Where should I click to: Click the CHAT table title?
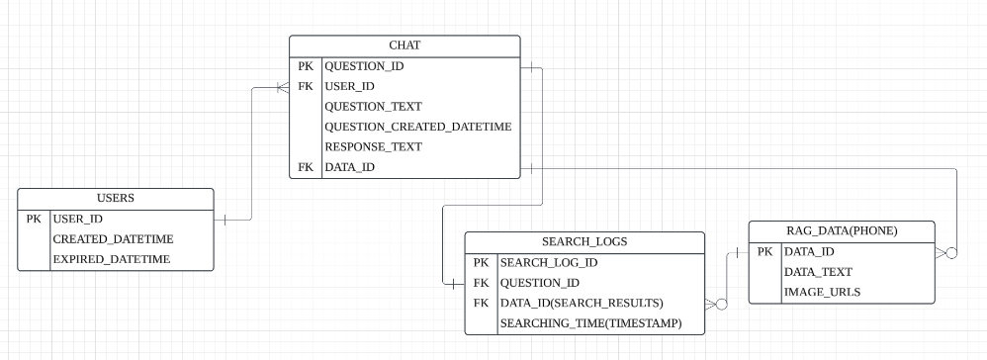(x=404, y=45)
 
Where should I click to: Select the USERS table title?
(x=115, y=198)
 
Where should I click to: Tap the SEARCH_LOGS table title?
(x=584, y=241)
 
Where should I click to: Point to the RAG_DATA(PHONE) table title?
(x=842, y=231)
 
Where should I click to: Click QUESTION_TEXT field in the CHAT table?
(x=373, y=107)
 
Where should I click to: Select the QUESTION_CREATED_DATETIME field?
(x=418, y=128)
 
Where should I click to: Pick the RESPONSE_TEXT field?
(x=373, y=147)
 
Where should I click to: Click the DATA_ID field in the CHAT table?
(x=349, y=167)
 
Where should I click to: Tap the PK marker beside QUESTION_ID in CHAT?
(x=306, y=66)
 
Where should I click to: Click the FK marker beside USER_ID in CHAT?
(x=306, y=86)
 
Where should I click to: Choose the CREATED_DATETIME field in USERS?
(x=114, y=239)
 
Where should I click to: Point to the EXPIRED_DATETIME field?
(x=112, y=259)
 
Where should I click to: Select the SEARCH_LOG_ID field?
(x=549, y=263)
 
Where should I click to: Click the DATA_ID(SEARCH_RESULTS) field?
(x=582, y=304)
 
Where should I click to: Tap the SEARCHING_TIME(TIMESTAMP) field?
(x=591, y=323)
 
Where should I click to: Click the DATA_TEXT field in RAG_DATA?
(x=818, y=272)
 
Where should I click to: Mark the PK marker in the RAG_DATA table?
(x=764, y=252)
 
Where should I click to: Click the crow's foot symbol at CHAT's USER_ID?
(x=283, y=87)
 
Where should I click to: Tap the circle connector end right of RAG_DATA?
(x=951, y=253)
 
